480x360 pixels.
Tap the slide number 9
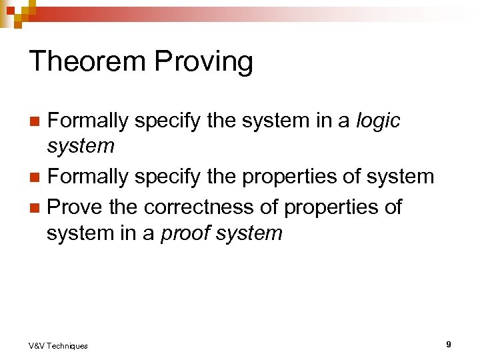(x=449, y=344)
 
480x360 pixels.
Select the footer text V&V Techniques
(x=58, y=345)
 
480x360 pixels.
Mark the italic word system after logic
(x=80, y=146)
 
